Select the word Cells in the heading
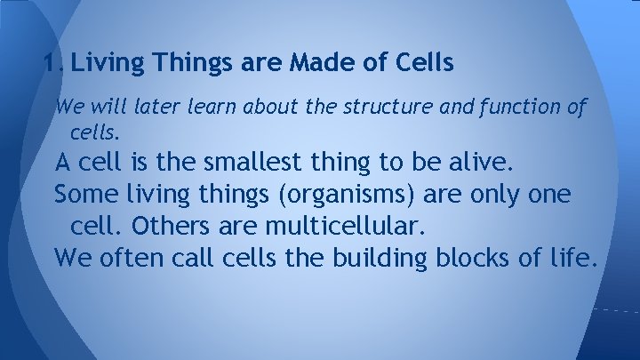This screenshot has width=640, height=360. [x=423, y=64]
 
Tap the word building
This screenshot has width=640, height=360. [x=381, y=259]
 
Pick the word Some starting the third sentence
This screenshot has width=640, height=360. [x=80, y=195]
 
